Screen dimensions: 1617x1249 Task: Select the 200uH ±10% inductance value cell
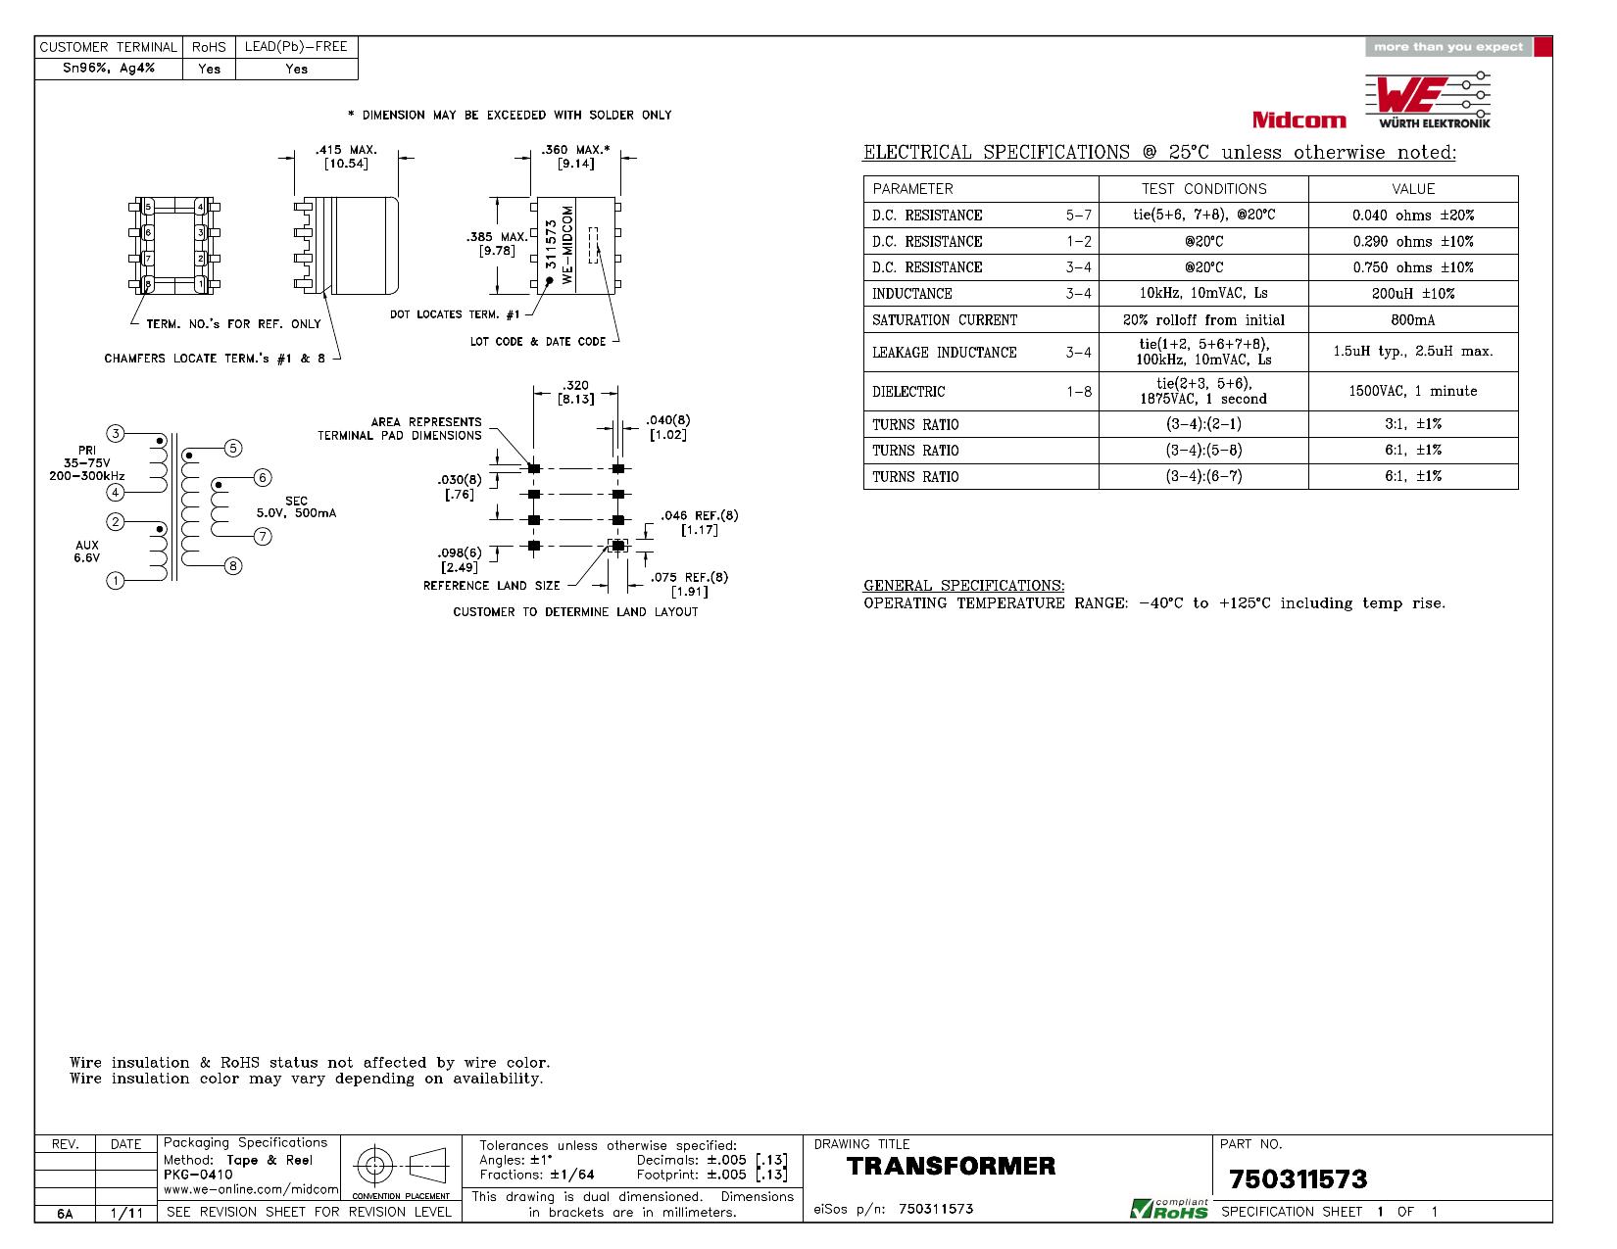1412,293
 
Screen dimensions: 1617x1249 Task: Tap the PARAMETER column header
912,189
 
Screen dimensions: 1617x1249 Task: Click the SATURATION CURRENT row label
945,320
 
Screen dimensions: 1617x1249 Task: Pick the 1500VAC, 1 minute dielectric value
1412,391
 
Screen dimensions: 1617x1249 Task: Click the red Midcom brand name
1298,120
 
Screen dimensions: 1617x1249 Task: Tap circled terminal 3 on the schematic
115,433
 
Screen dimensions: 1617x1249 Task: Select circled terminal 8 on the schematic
233,566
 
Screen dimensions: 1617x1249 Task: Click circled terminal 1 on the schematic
115,580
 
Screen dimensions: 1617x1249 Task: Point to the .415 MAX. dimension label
346,150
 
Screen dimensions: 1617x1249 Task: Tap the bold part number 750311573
1298,1179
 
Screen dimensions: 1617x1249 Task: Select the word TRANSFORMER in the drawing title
951,1166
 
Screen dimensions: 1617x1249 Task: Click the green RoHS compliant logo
1169,1209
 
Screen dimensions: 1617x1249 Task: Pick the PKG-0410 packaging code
198,1174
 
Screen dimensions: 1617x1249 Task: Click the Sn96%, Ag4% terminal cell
109,69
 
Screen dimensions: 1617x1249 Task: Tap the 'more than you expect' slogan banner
1448,47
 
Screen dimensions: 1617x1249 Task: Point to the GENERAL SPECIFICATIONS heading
963,586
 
